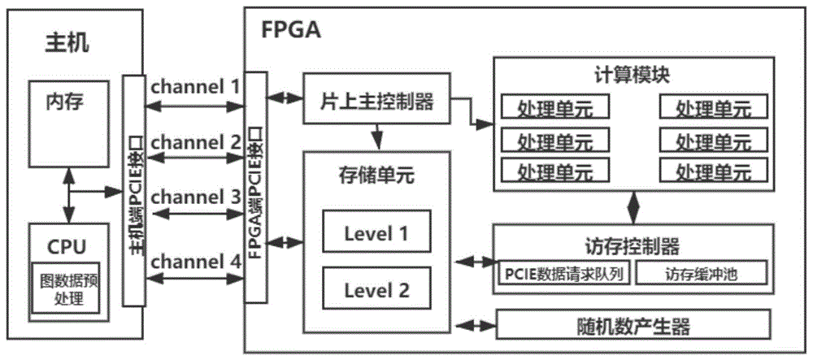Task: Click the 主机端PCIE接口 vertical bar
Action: click(133, 192)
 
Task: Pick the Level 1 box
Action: click(376, 233)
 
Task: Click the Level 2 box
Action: click(376, 289)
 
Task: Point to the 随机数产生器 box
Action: click(631, 327)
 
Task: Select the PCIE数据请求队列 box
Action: click(563, 273)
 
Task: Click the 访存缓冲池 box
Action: click(700, 273)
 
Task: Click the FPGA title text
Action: click(291, 30)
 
